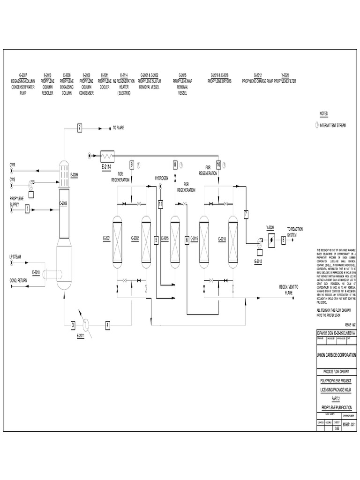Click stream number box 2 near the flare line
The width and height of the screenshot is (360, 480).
tap(80, 127)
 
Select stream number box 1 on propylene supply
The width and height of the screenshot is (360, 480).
tap(28, 209)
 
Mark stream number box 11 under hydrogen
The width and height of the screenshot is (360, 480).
tap(160, 204)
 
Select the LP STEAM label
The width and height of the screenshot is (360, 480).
tap(16, 257)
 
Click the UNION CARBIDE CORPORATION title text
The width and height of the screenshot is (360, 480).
tap(337, 355)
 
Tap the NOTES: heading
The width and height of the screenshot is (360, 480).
tap(324, 114)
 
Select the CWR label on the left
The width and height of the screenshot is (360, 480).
tap(13, 165)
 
